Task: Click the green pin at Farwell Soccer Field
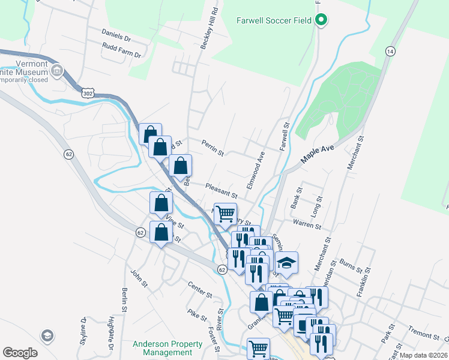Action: pyautogui.click(x=321, y=20)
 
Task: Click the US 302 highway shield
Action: pyautogui.click(x=88, y=93)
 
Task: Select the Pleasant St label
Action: pyautogui.click(x=221, y=191)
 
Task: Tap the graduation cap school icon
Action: pyautogui.click(x=286, y=262)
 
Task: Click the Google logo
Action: pyautogui.click(x=19, y=353)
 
